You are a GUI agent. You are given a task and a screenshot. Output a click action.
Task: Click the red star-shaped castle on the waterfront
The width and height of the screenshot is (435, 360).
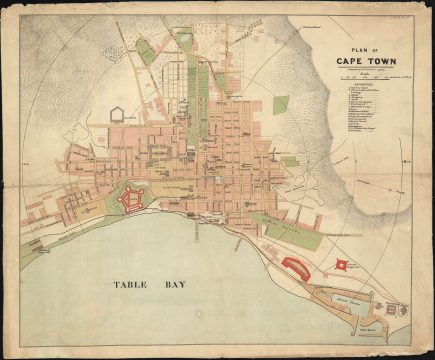pyautogui.click(x=126, y=200)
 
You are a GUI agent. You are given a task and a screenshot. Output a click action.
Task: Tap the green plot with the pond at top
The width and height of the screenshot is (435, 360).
pyautogui.click(x=184, y=40)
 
